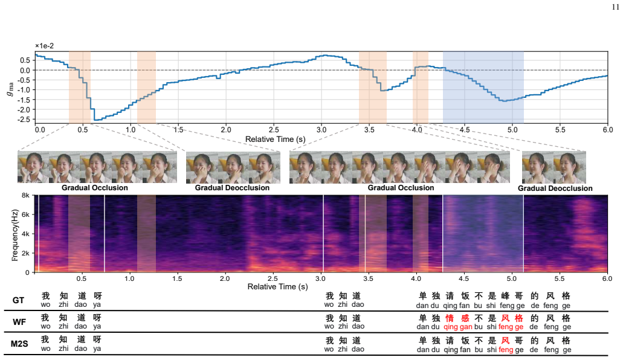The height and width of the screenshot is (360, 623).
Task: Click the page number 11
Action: point(615,7)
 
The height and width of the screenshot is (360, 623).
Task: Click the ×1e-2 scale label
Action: point(45,46)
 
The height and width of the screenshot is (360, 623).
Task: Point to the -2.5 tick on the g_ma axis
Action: point(24,119)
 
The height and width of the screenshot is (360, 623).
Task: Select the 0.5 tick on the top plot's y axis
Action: point(25,60)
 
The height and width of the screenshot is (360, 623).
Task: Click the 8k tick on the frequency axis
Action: point(25,196)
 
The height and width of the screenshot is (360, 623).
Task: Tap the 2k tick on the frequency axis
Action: point(25,253)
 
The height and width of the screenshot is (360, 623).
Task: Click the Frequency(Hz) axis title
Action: point(15,235)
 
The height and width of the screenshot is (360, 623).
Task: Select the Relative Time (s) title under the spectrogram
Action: point(278,286)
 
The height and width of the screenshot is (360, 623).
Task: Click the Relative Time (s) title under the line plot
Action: point(276,139)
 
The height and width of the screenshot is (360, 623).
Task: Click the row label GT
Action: point(18,300)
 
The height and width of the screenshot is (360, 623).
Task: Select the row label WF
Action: point(19,322)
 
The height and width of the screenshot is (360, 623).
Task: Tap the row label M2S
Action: point(19,344)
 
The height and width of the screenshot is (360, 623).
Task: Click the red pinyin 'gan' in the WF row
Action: point(466,327)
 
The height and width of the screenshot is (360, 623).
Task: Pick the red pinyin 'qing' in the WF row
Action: point(451,327)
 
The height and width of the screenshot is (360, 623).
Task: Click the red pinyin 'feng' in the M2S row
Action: point(506,350)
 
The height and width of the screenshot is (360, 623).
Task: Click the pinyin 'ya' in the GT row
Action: point(97,305)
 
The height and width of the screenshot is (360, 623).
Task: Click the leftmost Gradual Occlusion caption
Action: point(94,188)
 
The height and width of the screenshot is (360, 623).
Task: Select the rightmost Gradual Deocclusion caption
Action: point(555,188)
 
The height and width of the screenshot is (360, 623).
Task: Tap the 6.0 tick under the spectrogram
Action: point(607,278)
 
